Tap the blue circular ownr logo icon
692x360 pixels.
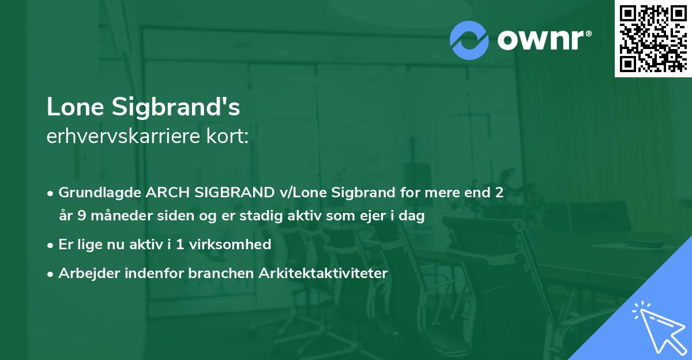click(469, 40)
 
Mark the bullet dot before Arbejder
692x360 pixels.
click(51, 274)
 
